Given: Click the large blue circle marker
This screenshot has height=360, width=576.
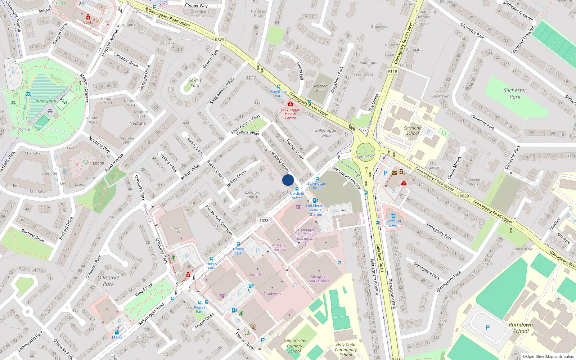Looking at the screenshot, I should click(x=288, y=180).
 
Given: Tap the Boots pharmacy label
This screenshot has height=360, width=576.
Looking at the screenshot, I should click(x=88, y=22).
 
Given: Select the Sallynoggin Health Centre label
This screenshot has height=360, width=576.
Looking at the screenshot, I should click(x=291, y=114).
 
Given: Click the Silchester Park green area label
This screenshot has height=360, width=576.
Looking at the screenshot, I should click(x=515, y=94).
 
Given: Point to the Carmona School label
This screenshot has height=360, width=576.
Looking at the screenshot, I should click(x=413, y=130).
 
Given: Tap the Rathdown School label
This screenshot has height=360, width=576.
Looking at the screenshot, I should click(x=521, y=328).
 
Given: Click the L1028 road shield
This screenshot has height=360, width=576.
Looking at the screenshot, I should click(x=263, y=221).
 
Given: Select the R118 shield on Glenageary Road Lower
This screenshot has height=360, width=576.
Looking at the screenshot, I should click(x=392, y=71).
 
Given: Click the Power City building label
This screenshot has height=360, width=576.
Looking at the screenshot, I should click(x=176, y=230).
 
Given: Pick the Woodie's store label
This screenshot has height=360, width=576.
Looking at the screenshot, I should click(x=257, y=275).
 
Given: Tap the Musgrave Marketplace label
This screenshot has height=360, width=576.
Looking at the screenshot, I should click(x=319, y=279).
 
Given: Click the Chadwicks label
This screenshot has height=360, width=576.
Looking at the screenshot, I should click(x=272, y=294).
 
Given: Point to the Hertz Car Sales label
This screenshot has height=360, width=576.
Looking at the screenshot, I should click(x=393, y=223).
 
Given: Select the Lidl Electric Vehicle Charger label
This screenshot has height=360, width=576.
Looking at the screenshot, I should click(x=316, y=210).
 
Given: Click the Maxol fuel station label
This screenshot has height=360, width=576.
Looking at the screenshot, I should click(x=117, y=337).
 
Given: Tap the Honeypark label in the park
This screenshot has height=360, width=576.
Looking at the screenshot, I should click(x=46, y=101).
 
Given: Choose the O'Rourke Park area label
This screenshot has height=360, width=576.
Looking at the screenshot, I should click(x=108, y=281).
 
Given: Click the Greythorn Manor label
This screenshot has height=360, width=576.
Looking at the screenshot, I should click(x=320, y=88).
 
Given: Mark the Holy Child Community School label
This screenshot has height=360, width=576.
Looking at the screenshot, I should click(x=346, y=350).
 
